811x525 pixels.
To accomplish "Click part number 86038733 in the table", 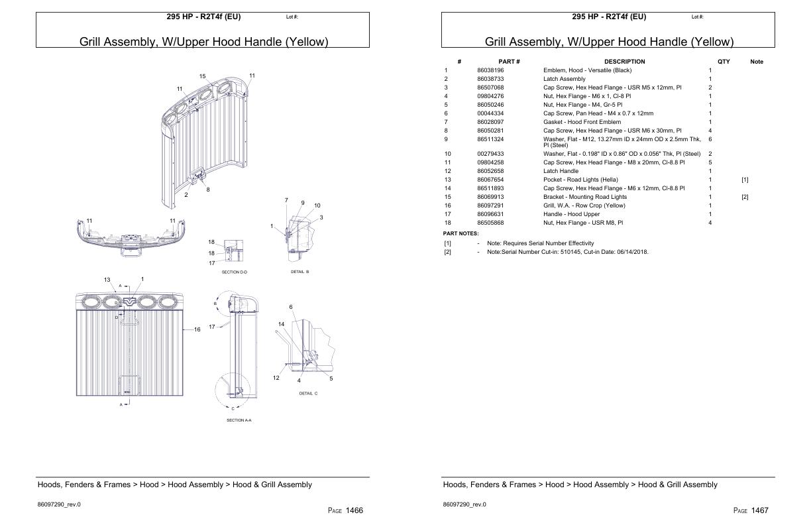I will pyautogui.click(x=490, y=79).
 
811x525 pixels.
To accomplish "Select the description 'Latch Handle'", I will pyautogui.click(x=561, y=171).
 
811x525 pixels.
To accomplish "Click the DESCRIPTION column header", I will pyautogui.click(x=624, y=62).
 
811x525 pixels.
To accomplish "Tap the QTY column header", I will pyautogui.click(x=724, y=62).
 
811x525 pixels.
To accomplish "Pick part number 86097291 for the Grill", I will pyautogui.click(x=490, y=205).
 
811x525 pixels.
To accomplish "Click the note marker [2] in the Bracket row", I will pyautogui.click(x=745, y=197).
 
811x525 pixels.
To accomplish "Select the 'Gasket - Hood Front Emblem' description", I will pyautogui.click(x=582, y=122).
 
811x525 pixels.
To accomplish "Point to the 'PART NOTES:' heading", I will pyautogui.click(x=460, y=233).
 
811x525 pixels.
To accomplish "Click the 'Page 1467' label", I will pyautogui.click(x=751, y=510).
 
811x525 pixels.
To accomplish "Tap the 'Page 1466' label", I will pyautogui.click(x=345, y=510).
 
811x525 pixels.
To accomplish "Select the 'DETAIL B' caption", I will pyautogui.click(x=299, y=272).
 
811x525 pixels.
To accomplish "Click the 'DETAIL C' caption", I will pyautogui.click(x=308, y=394).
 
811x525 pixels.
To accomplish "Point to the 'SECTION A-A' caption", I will pyautogui.click(x=239, y=420).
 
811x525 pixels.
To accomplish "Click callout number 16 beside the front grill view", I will pyautogui.click(x=197, y=329).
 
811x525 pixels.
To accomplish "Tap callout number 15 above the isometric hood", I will pyautogui.click(x=203, y=76).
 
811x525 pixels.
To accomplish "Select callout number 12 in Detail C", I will pyautogui.click(x=276, y=378).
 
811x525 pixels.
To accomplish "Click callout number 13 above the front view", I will pyautogui.click(x=107, y=280).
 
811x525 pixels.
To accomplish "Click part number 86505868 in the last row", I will pyautogui.click(x=490, y=223).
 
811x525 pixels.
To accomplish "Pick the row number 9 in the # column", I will pyautogui.click(x=446, y=139).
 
